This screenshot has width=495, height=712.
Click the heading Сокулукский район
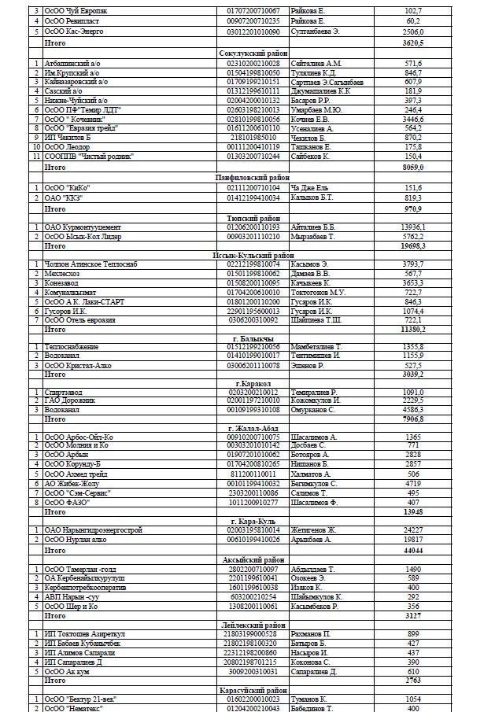tap(252, 53)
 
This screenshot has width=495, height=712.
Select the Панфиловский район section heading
tap(252, 178)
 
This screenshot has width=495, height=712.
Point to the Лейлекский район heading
tap(252, 624)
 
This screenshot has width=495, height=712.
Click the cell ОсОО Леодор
tap(68, 147)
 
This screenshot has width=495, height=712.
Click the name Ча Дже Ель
tap(312, 187)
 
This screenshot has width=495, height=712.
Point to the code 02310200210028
tap(253, 63)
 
